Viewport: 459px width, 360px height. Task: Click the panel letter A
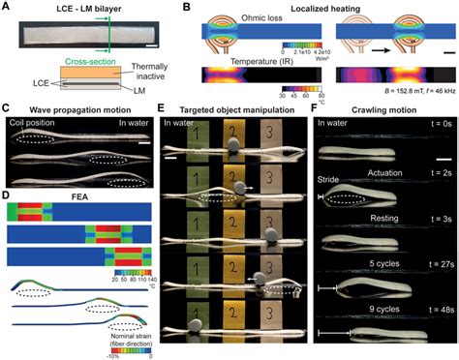(x=7, y=7)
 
